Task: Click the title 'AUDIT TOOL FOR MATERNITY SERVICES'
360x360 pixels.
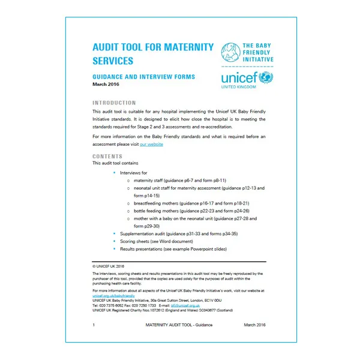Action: point(153,53)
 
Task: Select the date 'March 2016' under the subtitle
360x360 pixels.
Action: point(107,85)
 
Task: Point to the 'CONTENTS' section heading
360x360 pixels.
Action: point(108,156)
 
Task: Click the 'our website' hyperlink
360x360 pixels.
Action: point(151,145)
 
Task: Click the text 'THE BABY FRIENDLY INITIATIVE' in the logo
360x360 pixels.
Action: point(259,53)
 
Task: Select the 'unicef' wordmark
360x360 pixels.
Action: point(239,79)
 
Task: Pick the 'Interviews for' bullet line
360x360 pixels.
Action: point(138,173)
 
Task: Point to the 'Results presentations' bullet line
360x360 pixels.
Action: point(173,248)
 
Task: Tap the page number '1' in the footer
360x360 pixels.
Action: point(94,325)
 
